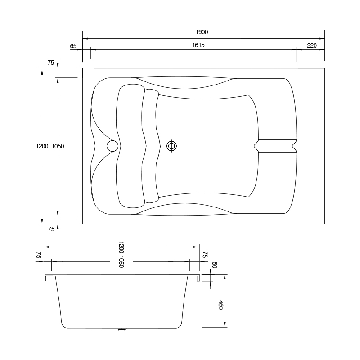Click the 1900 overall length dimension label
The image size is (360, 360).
[202, 32]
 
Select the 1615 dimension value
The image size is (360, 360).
[198, 45]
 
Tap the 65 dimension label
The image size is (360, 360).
[73, 46]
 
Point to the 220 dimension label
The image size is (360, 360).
[312, 46]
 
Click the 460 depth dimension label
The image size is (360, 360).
[220, 305]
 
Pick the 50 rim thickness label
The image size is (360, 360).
[214, 265]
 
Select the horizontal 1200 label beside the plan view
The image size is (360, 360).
[42, 147]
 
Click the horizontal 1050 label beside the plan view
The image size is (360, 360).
[58, 147]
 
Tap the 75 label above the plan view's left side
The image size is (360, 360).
[51, 63]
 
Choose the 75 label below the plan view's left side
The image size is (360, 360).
[51, 229]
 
